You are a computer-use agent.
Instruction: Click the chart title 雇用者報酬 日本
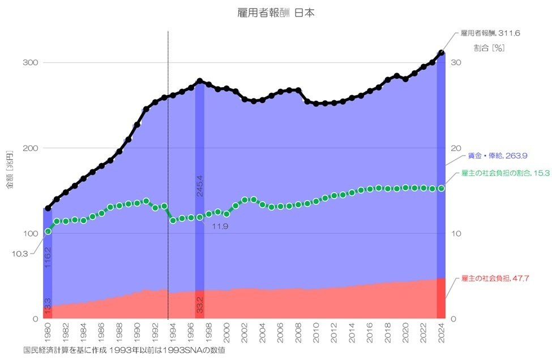tap(276, 13)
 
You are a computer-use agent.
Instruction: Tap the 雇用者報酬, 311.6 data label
tap(490, 33)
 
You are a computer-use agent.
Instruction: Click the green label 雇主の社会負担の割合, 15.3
tap(506, 173)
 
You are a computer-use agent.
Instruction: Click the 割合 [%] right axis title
tap(489, 48)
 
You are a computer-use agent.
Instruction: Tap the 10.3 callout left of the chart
tap(19, 254)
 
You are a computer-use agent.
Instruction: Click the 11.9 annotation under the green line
tap(220, 226)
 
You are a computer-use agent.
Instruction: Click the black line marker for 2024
tap(442, 53)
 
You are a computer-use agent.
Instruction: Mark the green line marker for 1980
tap(48, 231)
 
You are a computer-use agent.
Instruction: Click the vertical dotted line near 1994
tap(168, 170)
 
